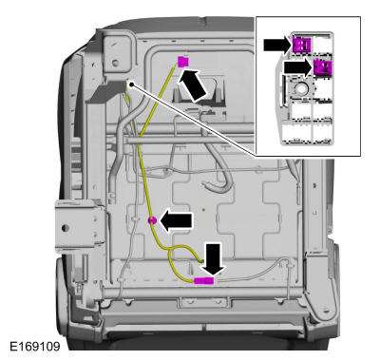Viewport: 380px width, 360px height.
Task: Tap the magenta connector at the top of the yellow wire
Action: point(183,62)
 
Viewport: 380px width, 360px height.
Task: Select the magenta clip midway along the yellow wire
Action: point(150,220)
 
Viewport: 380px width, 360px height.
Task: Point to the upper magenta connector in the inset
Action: point(303,44)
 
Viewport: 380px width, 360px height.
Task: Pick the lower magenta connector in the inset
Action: point(325,67)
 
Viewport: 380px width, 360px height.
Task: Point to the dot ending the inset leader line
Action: point(129,84)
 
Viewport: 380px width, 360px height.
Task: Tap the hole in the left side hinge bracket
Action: point(67,225)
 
